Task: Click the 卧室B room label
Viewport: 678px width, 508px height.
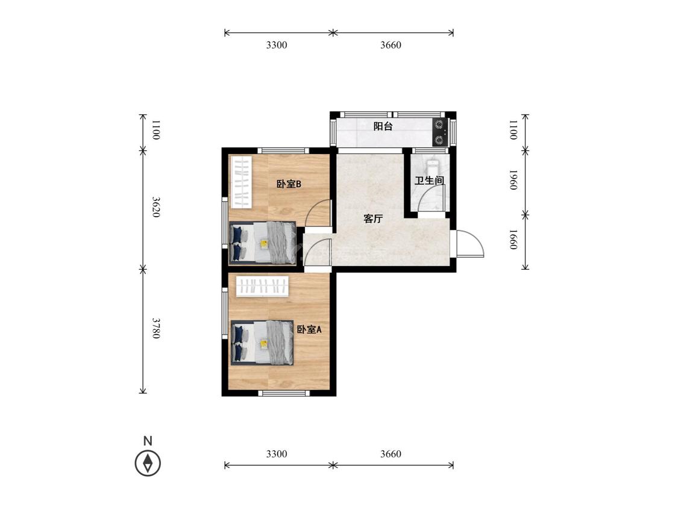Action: coord(289,184)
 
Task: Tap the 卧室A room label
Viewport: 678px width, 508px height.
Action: coord(309,330)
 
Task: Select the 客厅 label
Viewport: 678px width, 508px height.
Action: coord(372,218)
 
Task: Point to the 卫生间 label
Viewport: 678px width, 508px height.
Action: coord(429,181)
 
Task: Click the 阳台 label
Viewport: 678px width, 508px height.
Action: coord(383,126)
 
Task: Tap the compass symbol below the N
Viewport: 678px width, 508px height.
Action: coord(148,463)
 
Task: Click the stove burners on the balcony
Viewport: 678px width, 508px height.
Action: coord(439,132)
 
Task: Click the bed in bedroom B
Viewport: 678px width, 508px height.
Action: coord(263,243)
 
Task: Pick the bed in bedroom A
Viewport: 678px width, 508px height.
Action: coord(262,342)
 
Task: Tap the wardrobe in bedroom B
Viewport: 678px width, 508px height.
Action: coord(241,182)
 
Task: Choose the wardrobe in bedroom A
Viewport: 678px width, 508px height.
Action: coord(263,286)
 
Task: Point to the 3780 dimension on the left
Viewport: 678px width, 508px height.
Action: coord(156,328)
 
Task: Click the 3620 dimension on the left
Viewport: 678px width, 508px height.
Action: coord(156,207)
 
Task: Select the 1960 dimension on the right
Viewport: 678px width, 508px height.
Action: coord(513,180)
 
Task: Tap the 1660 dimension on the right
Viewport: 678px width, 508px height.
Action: coord(513,240)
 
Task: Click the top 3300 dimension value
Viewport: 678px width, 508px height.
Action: coord(277,45)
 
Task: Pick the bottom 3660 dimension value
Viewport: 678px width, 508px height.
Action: coord(391,454)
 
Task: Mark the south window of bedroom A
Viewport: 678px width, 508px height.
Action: coord(284,392)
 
